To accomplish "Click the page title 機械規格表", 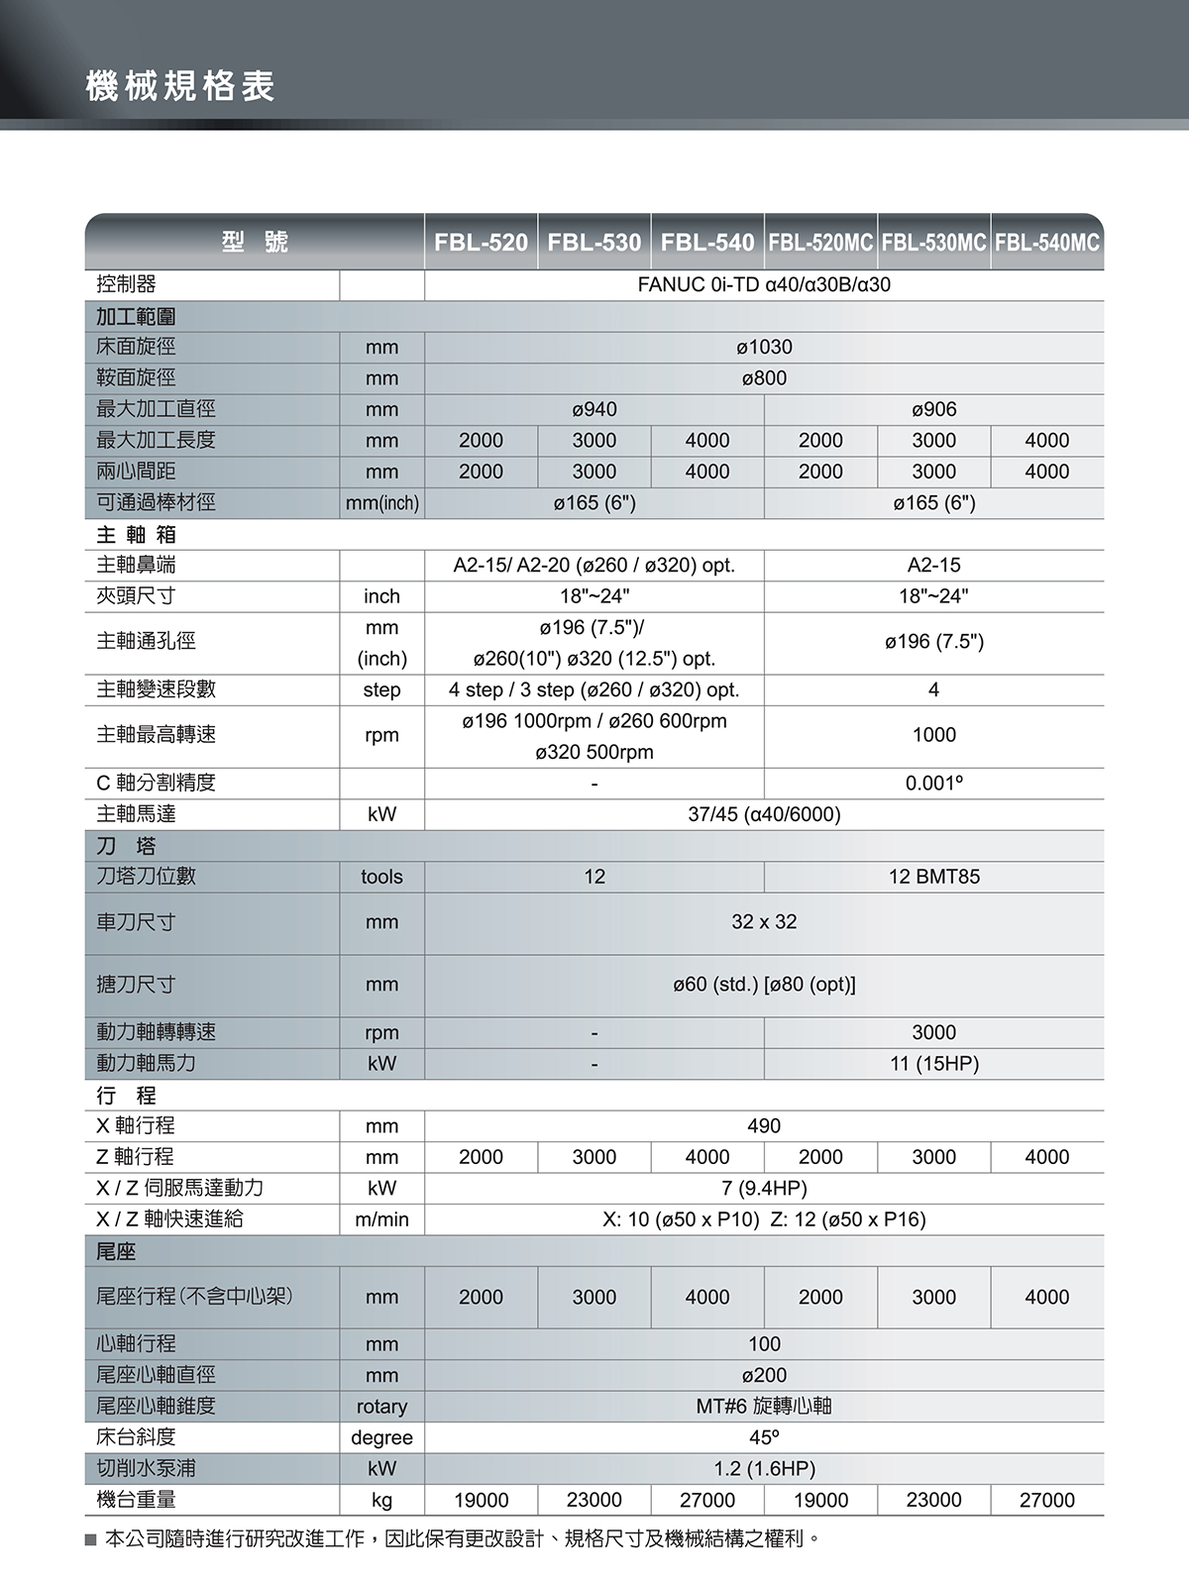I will point(180,86).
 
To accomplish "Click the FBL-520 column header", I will point(481,243).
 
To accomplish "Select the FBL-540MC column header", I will point(1047,243).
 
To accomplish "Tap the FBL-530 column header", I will point(594,243).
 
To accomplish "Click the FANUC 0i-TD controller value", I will point(764,285).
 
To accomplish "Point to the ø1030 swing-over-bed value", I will point(764,347).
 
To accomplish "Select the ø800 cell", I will point(764,378).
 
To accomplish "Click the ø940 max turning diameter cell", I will point(594,409).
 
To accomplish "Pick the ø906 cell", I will point(933,409).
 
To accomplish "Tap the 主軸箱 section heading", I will point(137,535).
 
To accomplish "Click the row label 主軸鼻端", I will point(137,566).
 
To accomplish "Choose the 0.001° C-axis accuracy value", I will point(933,784).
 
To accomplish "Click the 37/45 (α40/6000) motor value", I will point(764,814).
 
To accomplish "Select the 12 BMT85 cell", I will point(933,877).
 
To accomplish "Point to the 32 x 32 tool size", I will point(764,922).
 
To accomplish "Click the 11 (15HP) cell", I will point(933,1064).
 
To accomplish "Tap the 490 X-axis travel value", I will point(764,1126).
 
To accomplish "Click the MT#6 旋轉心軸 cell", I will point(764,1406).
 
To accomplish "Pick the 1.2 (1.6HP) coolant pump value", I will point(764,1468).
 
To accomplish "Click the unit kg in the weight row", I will point(381,1500).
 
